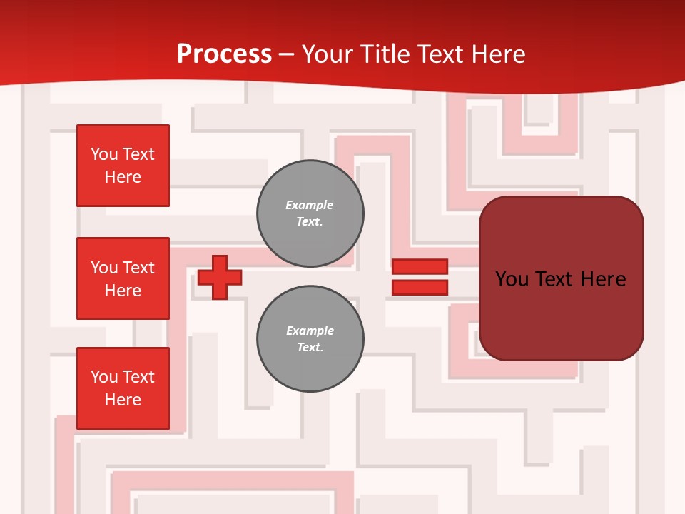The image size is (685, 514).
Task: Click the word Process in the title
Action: (x=224, y=54)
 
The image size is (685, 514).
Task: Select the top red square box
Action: (x=123, y=166)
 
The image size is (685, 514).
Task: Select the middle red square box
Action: (x=123, y=278)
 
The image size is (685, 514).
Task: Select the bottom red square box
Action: (x=123, y=388)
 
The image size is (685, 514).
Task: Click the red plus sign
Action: (x=220, y=277)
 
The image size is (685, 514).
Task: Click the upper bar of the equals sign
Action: (x=420, y=266)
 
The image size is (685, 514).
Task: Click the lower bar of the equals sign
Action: (x=420, y=288)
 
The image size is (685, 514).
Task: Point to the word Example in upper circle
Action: (x=310, y=205)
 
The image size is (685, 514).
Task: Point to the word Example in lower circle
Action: (x=310, y=331)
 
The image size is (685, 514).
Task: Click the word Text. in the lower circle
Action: (x=310, y=348)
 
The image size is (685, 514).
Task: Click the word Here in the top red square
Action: (x=123, y=177)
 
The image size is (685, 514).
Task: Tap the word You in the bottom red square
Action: (x=104, y=377)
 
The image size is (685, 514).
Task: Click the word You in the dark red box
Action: (x=512, y=279)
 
